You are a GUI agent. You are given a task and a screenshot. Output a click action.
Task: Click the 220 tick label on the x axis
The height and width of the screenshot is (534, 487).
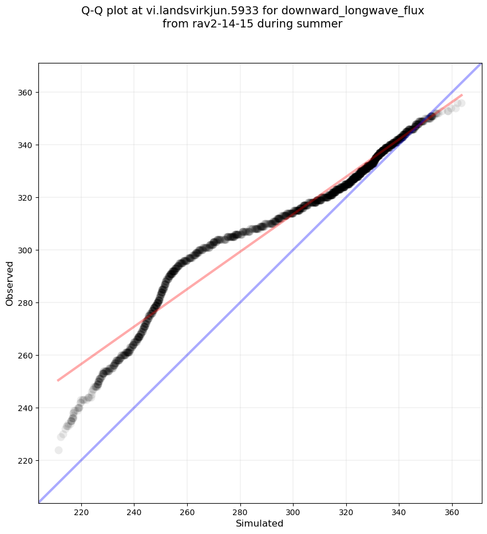pos(81,510)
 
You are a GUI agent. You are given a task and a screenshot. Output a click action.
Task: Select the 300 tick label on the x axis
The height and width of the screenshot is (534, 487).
pos(293,510)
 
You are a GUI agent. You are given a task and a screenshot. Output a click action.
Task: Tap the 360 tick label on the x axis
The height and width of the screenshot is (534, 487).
pos(452,510)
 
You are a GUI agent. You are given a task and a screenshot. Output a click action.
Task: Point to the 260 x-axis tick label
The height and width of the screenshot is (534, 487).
pos(187,510)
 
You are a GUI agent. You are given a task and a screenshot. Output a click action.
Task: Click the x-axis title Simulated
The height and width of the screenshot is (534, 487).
pos(260,523)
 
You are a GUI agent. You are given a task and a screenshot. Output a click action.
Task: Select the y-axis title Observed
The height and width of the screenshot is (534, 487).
pos(10,283)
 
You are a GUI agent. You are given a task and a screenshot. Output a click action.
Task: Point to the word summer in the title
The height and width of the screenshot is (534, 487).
pos(322,23)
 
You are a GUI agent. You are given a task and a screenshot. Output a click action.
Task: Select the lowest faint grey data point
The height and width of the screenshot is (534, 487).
pos(58,450)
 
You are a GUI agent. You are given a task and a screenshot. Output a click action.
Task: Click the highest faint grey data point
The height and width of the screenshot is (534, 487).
pos(461,103)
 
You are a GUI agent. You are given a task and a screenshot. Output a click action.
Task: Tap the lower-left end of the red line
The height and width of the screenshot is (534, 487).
pos(58,380)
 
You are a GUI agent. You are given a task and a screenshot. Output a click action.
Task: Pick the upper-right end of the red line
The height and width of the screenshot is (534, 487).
pos(462,95)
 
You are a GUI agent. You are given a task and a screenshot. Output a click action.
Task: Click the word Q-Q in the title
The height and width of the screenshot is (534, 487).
pos(93,10)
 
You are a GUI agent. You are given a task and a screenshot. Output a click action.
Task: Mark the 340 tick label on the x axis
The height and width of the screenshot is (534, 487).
pos(399,510)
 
